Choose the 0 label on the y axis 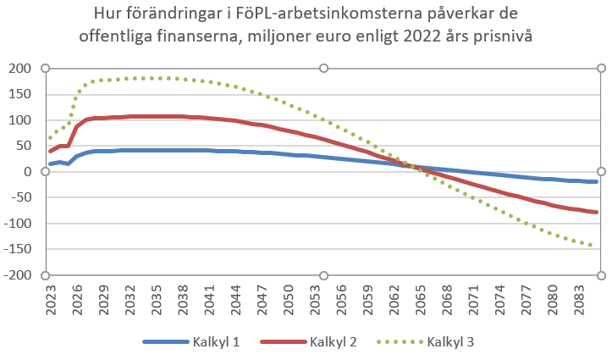point(28,172)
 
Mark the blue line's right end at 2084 point(596,182)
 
